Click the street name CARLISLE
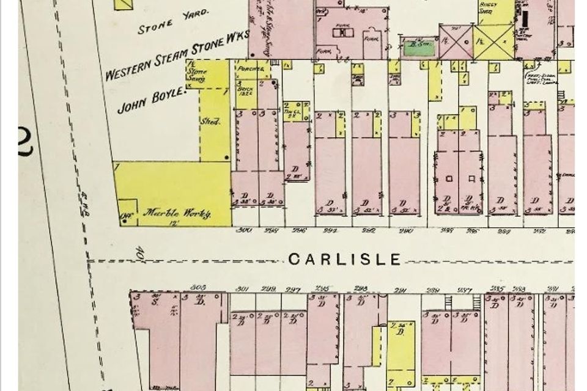pos(344,259)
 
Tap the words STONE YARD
pos(173,23)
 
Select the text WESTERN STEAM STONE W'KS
pos(177,57)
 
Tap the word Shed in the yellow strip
pos(210,122)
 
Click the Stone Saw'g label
pos(196,74)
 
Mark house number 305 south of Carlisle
pos(196,286)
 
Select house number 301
pos(243,289)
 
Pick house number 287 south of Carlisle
pos(465,289)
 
